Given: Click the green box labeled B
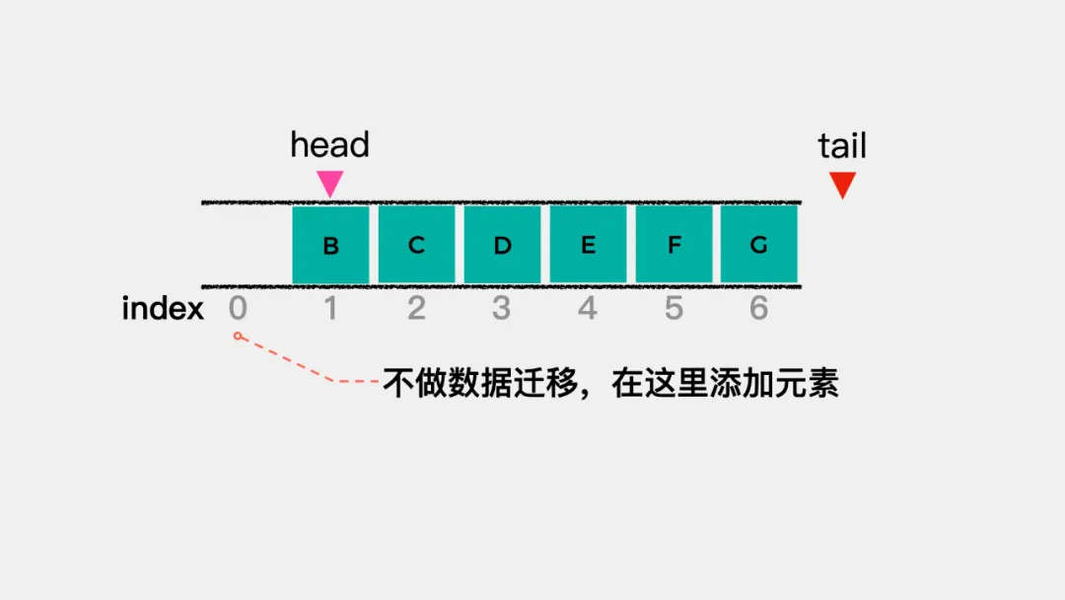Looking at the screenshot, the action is point(330,245).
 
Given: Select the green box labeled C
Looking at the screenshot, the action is point(416,245).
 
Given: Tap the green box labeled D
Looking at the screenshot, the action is point(503,245).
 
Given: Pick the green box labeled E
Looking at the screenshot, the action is point(588,245).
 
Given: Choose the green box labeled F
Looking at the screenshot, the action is point(674,245).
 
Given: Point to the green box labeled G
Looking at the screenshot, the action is point(759,245).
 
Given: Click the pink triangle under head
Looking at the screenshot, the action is point(330,183).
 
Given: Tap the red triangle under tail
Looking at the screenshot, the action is point(842,184).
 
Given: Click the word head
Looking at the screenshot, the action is point(330,145).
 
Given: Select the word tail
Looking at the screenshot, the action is point(842,145).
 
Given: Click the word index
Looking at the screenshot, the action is point(163,308).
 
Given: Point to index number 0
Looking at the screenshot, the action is point(238,308).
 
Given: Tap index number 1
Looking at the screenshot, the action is point(330,308).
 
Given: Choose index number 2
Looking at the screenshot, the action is point(416,308).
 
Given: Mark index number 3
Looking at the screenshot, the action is point(502,308).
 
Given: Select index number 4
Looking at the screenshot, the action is point(588,308).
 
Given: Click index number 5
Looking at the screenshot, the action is point(674,308).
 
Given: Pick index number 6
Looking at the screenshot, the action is point(759,308).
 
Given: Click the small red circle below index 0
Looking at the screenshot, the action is point(238,336).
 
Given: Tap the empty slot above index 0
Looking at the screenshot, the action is point(248,245).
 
